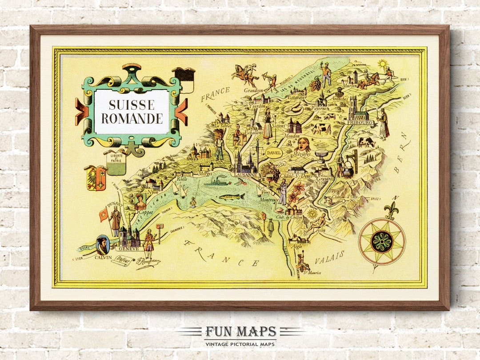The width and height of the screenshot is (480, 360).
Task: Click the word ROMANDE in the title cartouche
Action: click(x=132, y=119)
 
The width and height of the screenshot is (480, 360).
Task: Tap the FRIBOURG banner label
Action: click(x=358, y=121)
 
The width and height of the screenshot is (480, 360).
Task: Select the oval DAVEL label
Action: click(x=274, y=152)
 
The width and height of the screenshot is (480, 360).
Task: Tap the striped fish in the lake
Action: click(x=231, y=196)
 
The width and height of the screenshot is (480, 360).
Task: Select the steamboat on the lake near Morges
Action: click(x=218, y=181)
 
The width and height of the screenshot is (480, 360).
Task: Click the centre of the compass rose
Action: click(x=381, y=242)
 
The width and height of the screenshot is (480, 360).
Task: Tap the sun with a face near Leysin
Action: click(x=312, y=213)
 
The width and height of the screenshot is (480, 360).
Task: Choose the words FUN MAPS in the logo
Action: click(x=240, y=332)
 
